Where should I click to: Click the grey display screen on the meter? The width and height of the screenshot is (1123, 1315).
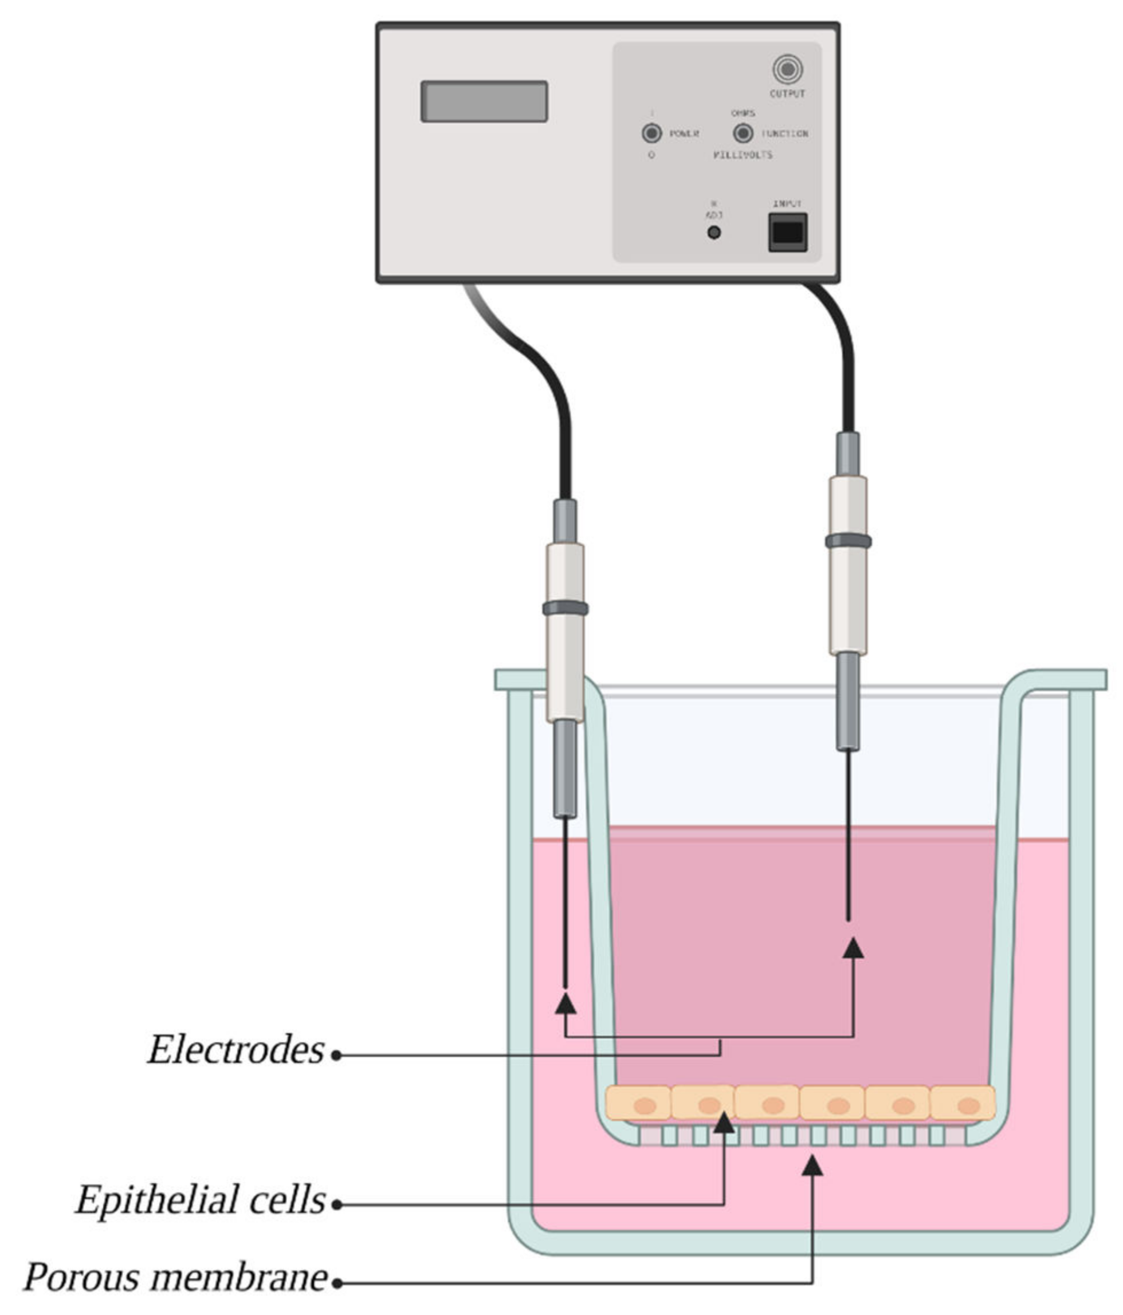(484, 101)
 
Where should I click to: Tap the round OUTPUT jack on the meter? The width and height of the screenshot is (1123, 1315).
(787, 69)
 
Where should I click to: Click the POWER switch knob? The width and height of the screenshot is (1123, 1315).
(651, 133)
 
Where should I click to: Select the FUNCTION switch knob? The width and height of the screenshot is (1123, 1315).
(743, 133)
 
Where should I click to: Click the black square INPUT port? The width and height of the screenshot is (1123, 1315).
(787, 233)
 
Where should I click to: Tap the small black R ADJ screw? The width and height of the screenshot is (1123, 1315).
(713, 233)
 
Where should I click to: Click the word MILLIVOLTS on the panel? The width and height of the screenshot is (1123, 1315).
(742, 155)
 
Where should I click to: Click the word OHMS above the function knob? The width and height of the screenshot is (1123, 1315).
(743, 113)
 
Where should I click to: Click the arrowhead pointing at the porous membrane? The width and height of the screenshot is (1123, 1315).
(812, 1165)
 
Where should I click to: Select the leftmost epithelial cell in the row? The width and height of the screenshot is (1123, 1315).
(639, 1103)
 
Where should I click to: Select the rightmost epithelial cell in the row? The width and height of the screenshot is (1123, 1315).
(963, 1103)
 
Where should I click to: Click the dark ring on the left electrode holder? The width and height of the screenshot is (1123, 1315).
(565, 608)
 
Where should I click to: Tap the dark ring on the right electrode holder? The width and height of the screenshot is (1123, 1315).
(848, 541)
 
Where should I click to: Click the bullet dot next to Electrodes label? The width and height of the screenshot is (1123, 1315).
(336, 1056)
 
